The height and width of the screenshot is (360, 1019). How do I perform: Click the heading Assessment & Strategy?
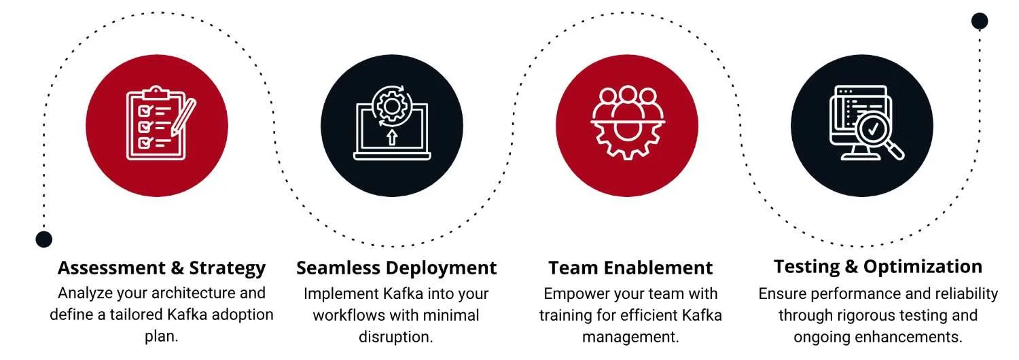coord(162,268)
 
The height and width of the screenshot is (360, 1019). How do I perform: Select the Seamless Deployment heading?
coord(396,268)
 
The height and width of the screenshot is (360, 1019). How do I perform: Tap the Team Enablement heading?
coord(630,268)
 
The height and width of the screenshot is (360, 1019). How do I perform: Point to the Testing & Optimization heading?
coord(878,267)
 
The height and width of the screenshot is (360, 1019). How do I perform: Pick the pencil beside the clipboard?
coord(183,118)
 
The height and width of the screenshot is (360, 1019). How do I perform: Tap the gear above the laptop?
coord(392,107)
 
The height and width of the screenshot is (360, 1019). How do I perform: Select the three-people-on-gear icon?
coord(628,122)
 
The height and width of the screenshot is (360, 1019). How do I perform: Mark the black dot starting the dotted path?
coord(43,239)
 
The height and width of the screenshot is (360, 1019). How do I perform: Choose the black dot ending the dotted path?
coord(980,21)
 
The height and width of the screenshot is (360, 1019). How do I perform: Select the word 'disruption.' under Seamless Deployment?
coord(396,337)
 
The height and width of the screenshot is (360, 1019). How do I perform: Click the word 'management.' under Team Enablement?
coord(630,337)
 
